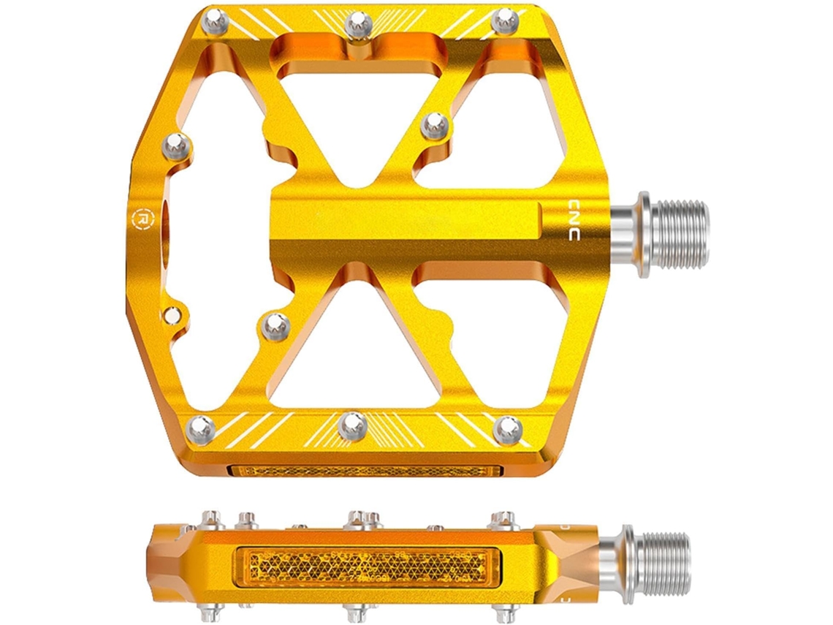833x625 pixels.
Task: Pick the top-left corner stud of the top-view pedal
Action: point(215,23)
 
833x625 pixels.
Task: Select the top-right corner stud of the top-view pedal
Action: point(504,22)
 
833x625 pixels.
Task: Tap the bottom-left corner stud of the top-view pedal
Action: point(200,427)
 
